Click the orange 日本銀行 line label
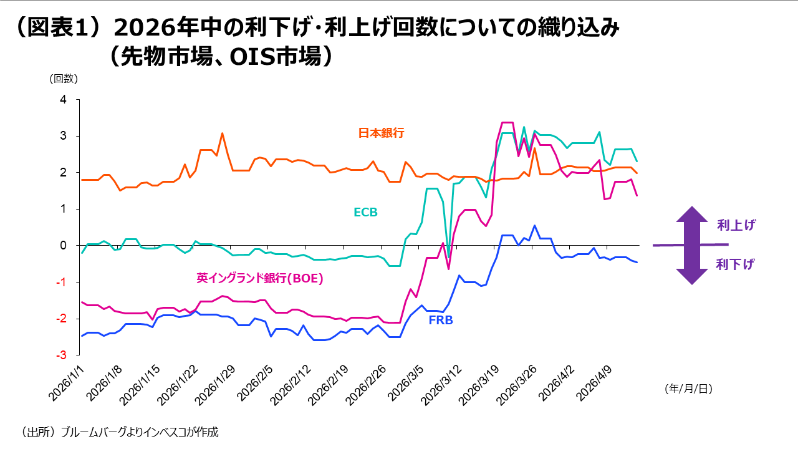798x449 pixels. pos(381,133)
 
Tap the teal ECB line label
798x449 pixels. pos(365,213)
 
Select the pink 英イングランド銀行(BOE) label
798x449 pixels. pos(260,279)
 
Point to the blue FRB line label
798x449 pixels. pos(441,321)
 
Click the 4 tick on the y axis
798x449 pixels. pos(63,99)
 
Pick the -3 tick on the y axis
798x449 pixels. pos(61,355)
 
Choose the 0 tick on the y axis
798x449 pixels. pos(63,246)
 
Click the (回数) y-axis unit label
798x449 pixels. pos(64,79)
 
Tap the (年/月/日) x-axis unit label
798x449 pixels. pos(688,389)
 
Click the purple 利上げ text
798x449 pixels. pos(736,225)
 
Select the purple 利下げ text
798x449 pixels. pos(736,264)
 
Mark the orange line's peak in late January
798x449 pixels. pos(222,133)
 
